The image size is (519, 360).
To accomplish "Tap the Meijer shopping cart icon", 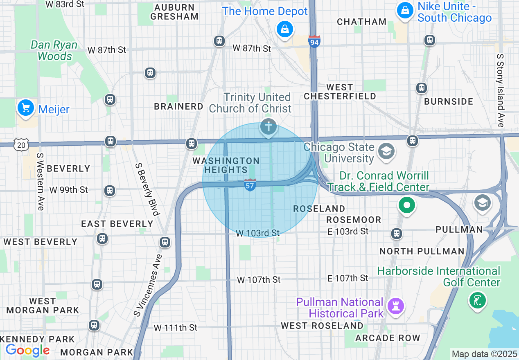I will pyautogui.click(x=26, y=108).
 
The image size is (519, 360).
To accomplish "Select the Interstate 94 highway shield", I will pyautogui.click(x=314, y=41).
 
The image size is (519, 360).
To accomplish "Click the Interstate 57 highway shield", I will pyautogui.click(x=250, y=184).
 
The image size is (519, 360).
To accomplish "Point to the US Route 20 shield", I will pyautogui.click(x=21, y=144).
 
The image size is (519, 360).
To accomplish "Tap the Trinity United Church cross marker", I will pyautogui.click(x=269, y=127).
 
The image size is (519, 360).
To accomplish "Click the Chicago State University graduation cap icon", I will pyautogui.click(x=386, y=151).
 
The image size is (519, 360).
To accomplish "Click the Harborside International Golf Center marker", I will pyautogui.click(x=477, y=301).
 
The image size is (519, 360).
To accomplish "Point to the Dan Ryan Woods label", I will pyautogui.click(x=54, y=50).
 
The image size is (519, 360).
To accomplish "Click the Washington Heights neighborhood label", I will pyautogui.click(x=226, y=165).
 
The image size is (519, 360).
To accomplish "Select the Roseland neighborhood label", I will pyautogui.click(x=319, y=209).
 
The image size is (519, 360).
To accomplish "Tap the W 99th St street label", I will pyautogui.click(x=69, y=190).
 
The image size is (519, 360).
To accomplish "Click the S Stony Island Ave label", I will pyautogui.click(x=500, y=90).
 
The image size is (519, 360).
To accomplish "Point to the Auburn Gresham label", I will pyautogui.click(x=174, y=12).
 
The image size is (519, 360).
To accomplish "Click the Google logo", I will pyautogui.click(x=27, y=350).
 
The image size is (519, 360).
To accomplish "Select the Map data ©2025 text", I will pyautogui.click(x=483, y=353).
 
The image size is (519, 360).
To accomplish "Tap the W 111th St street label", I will pyautogui.click(x=176, y=328).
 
